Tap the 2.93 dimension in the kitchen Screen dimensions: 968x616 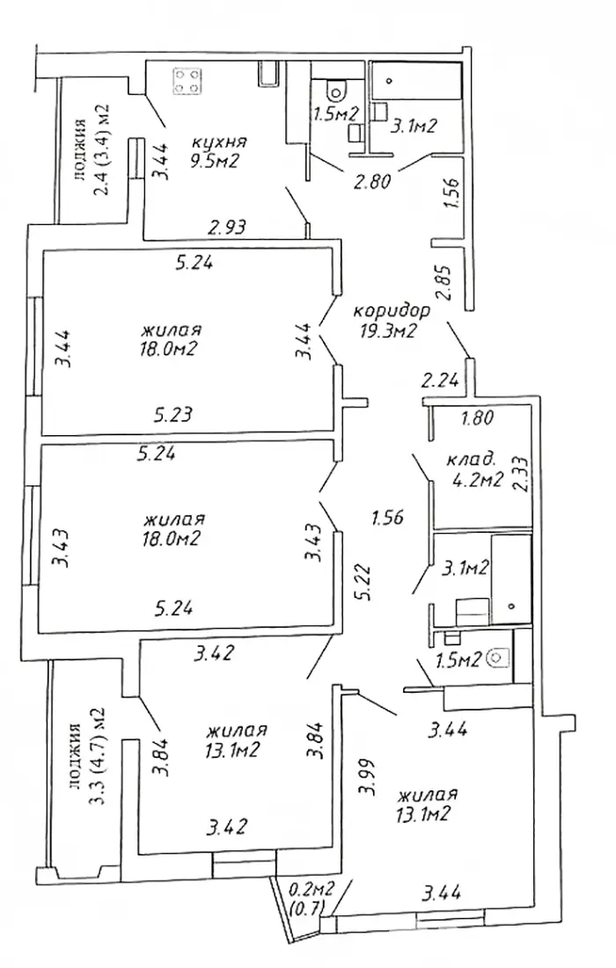[x=226, y=227]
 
